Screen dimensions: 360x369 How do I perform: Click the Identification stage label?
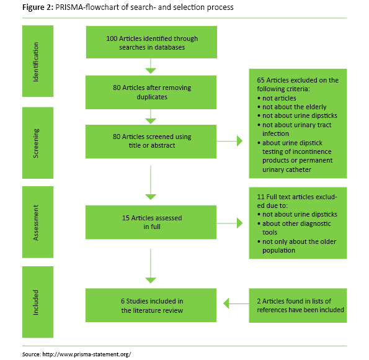tap(36, 55)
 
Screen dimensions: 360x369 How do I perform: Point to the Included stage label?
tap(36, 302)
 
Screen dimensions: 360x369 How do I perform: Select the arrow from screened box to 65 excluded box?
tap(229, 142)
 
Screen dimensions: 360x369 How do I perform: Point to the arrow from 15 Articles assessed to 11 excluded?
tap(229, 222)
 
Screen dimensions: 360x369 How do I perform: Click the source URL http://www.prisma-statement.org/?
tap(87, 353)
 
